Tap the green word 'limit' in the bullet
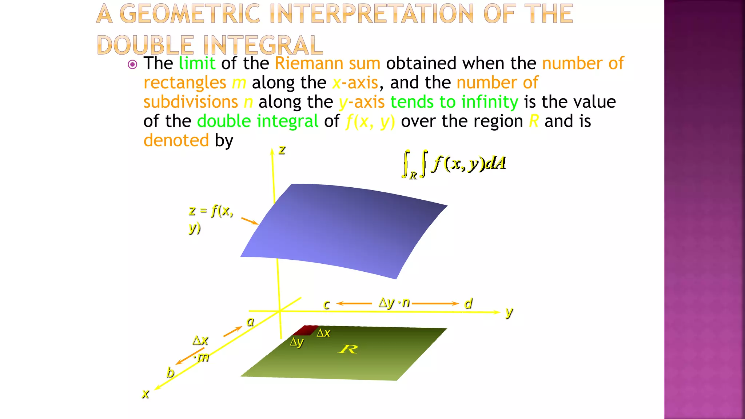pyautogui.click(x=197, y=63)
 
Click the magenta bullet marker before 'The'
pyautogui.click(x=132, y=65)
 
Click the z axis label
pyautogui.click(x=282, y=150)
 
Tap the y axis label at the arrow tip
pyautogui.click(x=509, y=312)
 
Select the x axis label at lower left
pyautogui.click(x=146, y=394)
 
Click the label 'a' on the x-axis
pyautogui.click(x=250, y=322)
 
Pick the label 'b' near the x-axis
pyautogui.click(x=170, y=372)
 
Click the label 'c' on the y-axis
pyautogui.click(x=327, y=304)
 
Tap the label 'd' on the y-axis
pyautogui.click(x=468, y=303)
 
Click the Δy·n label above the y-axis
pyautogui.click(x=394, y=303)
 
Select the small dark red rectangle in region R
pyautogui.click(x=306, y=330)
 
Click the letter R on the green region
pyautogui.click(x=348, y=350)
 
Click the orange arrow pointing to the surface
pyautogui.click(x=250, y=221)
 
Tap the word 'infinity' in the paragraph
pyautogui.click(x=490, y=102)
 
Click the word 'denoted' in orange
pyautogui.click(x=176, y=140)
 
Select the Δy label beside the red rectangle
pyautogui.click(x=296, y=342)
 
